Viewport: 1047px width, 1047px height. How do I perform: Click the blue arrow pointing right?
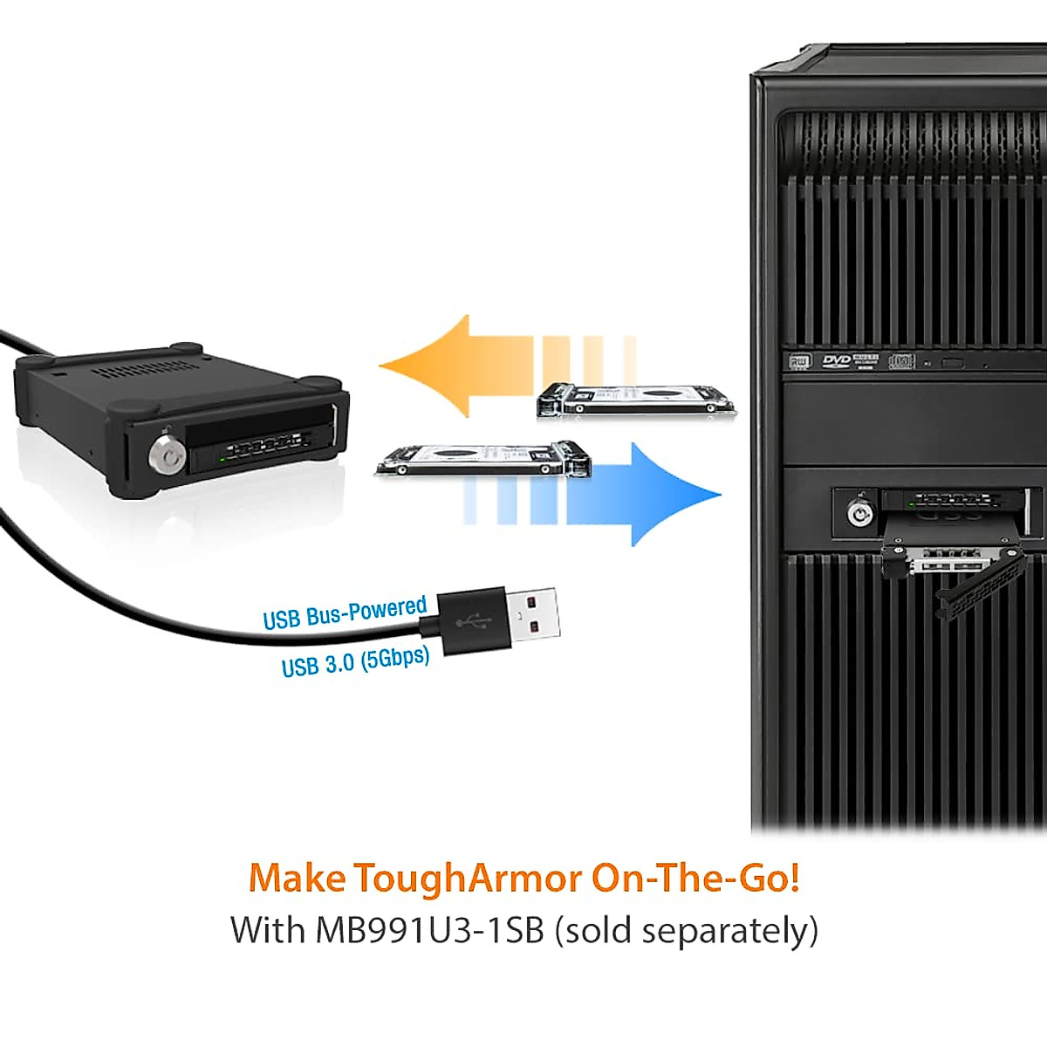click(x=646, y=495)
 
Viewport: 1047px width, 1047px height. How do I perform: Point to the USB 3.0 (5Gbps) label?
click(x=355, y=661)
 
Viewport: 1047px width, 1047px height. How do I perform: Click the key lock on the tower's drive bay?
click(x=860, y=514)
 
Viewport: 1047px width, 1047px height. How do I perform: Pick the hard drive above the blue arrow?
click(x=484, y=459)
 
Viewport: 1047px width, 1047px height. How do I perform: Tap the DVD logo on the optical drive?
click(x=836, y=361)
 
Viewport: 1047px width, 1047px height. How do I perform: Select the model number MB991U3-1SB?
click(x=429, y=930)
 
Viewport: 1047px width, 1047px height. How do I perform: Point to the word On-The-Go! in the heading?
click(x=695, y=878)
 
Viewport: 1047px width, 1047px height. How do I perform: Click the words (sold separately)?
click(x=688, y=930)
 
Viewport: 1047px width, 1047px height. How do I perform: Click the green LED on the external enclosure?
click(x=222, y=456)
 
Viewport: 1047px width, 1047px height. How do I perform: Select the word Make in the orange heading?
click(x=297, y=878)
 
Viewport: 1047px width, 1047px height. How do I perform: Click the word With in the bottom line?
click(x=267, y=930)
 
